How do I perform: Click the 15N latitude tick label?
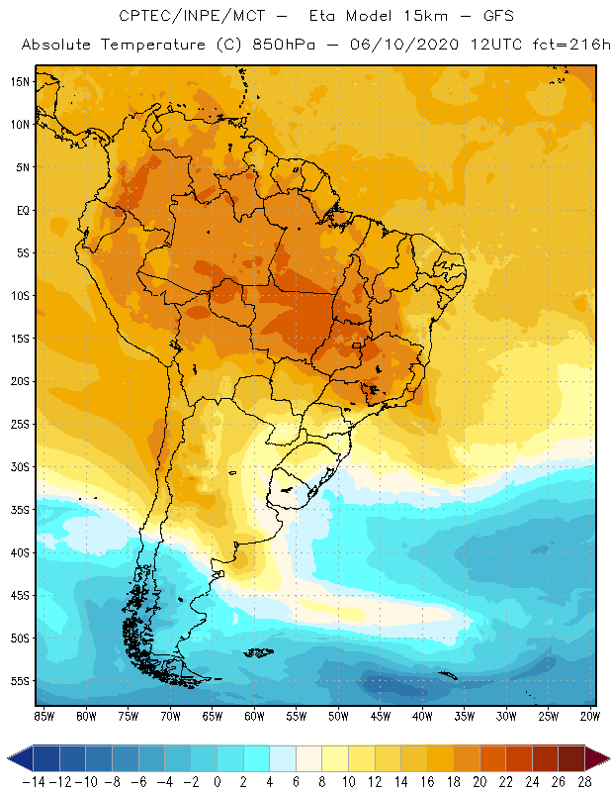[20, 81]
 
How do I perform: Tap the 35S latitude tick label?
[20, 509]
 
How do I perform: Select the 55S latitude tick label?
[20, 681]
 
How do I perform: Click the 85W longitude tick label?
[44, 716]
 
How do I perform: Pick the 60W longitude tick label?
[254, 716]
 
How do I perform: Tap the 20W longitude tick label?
[591, 716]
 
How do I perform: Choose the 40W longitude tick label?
[423, 716]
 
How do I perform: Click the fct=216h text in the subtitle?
[567, 46]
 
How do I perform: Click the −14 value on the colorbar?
[34, 781]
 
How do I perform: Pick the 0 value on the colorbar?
[218, 781]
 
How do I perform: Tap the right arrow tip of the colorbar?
[605, 758]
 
